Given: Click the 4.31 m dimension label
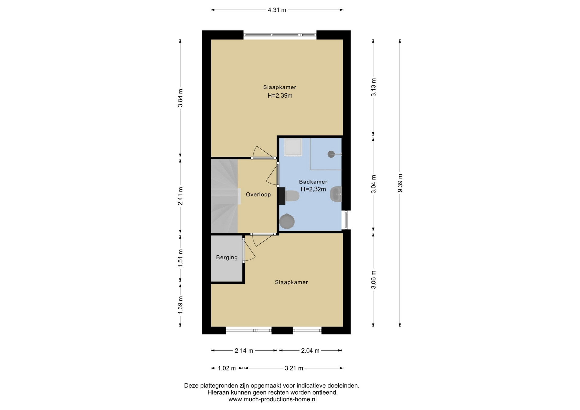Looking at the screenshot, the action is point(277,10).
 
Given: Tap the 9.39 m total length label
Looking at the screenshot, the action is point(400,183).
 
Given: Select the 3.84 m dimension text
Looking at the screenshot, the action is point(180,98).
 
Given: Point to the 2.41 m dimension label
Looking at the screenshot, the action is point(180,196).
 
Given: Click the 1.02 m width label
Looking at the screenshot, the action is point(227,368).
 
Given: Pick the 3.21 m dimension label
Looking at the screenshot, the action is point(294,368).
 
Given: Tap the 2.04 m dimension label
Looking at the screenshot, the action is point(310,351).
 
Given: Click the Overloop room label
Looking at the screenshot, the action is point(258,194).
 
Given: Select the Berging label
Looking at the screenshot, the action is point(227,258).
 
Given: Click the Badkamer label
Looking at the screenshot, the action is point(313,182).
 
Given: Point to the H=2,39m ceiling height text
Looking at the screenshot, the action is point(280,96).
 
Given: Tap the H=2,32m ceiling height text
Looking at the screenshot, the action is point(313,189).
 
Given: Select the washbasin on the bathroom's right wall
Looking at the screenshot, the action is point(336,194).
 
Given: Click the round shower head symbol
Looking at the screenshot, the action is point(331,154).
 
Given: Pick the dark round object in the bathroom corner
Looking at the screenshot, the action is point(287,221).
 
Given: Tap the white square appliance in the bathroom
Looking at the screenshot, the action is point(293,148).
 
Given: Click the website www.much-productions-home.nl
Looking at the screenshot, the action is point(272,399).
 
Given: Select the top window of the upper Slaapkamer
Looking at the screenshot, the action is point(280,35).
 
